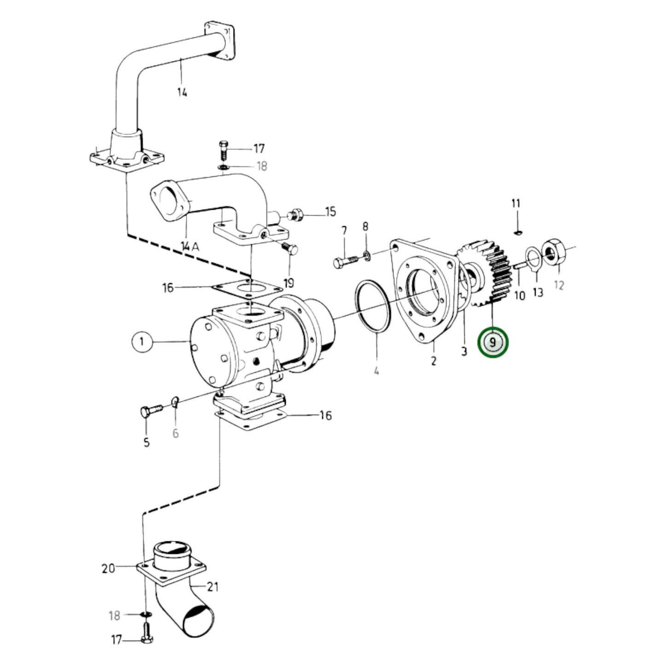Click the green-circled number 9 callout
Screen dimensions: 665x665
pyautogui.click(x=493, y=343)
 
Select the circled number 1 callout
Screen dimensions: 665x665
pyautogui.click(x=142, y=341)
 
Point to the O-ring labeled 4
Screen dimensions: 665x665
pyautogui.click(x=373, y=305)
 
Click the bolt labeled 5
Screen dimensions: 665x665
pyautogui.click(x=150, y=410)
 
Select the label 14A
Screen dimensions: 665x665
pyautogui.click(x=190, y=247)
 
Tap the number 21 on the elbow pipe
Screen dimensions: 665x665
pyautogui.click(x=212, y=587)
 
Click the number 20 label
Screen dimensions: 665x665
pyautogui.click(x=108, y=569)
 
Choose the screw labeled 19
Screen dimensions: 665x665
pyautogui.click(x=290, y=249)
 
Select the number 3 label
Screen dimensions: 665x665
pyautogui.click(x=463, y=351)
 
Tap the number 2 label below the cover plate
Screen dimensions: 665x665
pyautogui.click(x=433, y=361)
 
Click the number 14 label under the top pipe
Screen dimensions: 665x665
pyautogui.click(x=182, y=93)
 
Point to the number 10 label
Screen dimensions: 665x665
pyautogui.click(x=520, y=295)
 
